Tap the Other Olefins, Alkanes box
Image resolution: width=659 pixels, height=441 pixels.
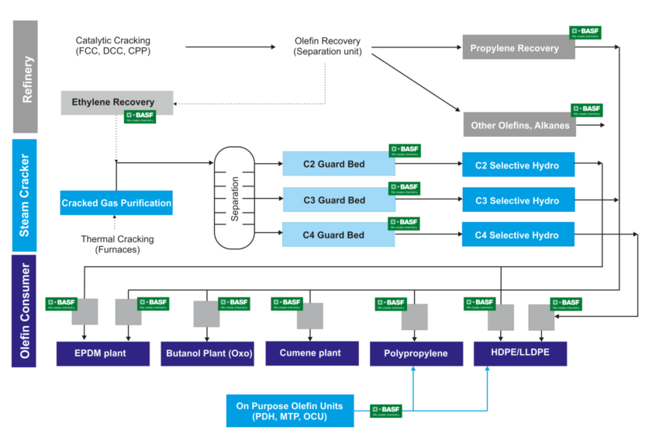(519, 124)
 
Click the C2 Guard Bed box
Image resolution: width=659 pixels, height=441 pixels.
(335, 165)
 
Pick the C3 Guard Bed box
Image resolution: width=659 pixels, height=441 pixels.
(335, 200)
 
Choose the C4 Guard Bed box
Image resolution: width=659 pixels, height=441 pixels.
(335, 234)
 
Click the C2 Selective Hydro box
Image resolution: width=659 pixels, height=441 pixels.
(518, 165)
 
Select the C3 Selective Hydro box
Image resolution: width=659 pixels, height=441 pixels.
(518, 200)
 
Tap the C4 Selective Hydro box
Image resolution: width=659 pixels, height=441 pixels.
(518, 234)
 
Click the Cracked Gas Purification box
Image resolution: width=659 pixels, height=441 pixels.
(116, 203)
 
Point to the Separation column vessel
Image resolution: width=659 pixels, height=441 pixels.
(234, 199)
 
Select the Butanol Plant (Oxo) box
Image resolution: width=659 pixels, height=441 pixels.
(208, 353)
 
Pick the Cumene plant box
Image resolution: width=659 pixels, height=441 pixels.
(312, 352)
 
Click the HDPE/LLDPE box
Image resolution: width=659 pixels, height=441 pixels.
(519, 353)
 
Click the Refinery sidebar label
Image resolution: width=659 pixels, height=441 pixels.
(25, 78)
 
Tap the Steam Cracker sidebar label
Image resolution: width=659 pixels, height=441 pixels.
(25, 195)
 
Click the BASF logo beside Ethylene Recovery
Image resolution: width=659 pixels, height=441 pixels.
(141, 117)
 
